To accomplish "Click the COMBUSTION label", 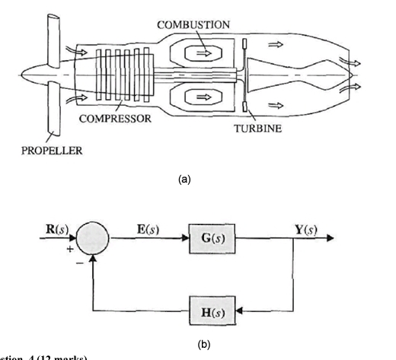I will [193, 26].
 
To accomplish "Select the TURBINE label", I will [260, 129].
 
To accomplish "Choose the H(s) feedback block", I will [206, 311].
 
